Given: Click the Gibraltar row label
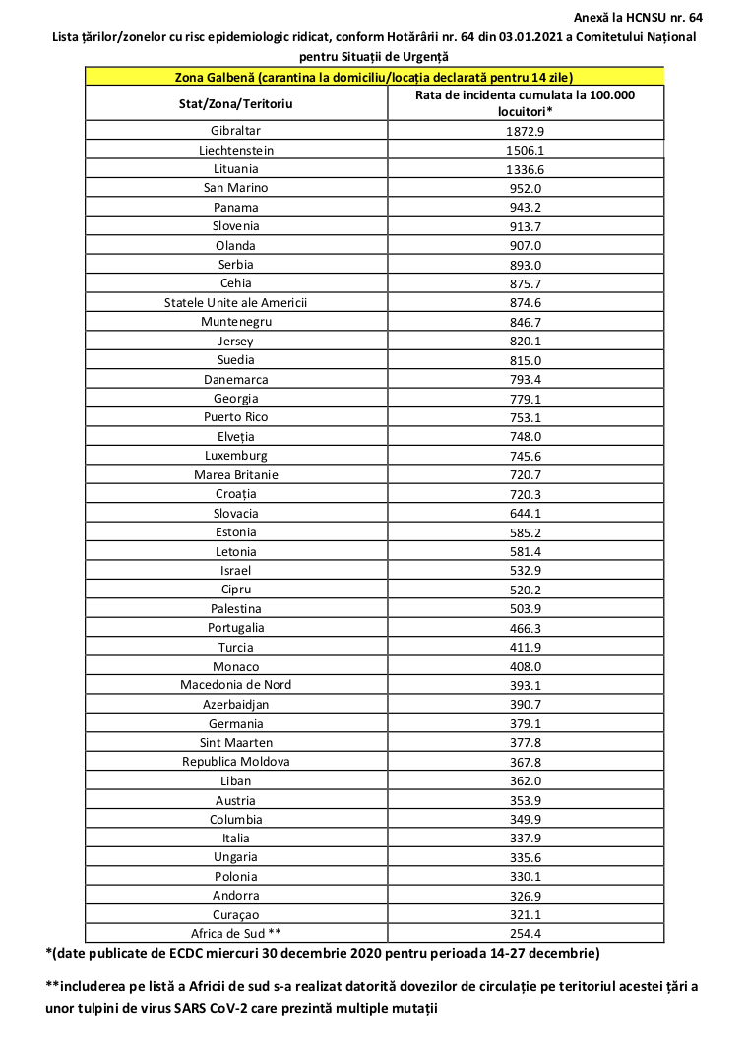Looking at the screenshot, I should [x=235, y=131].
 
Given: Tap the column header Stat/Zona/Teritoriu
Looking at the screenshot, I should [x=235, y=102].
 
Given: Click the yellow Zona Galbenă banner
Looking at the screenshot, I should [x=374, y=77].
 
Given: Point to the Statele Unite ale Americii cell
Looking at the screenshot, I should [x=235, y=303].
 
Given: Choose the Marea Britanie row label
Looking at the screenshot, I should [x=235, y=474].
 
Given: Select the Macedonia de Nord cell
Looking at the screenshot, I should [x=235, y=685].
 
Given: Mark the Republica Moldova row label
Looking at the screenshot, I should [x=235, y=762].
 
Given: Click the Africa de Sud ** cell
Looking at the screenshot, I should [x=235, y=934].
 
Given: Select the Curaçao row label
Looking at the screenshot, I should [x=235, y=915].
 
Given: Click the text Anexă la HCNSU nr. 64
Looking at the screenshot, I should [x=638, y=18].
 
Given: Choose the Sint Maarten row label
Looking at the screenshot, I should [x=235, y=743].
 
